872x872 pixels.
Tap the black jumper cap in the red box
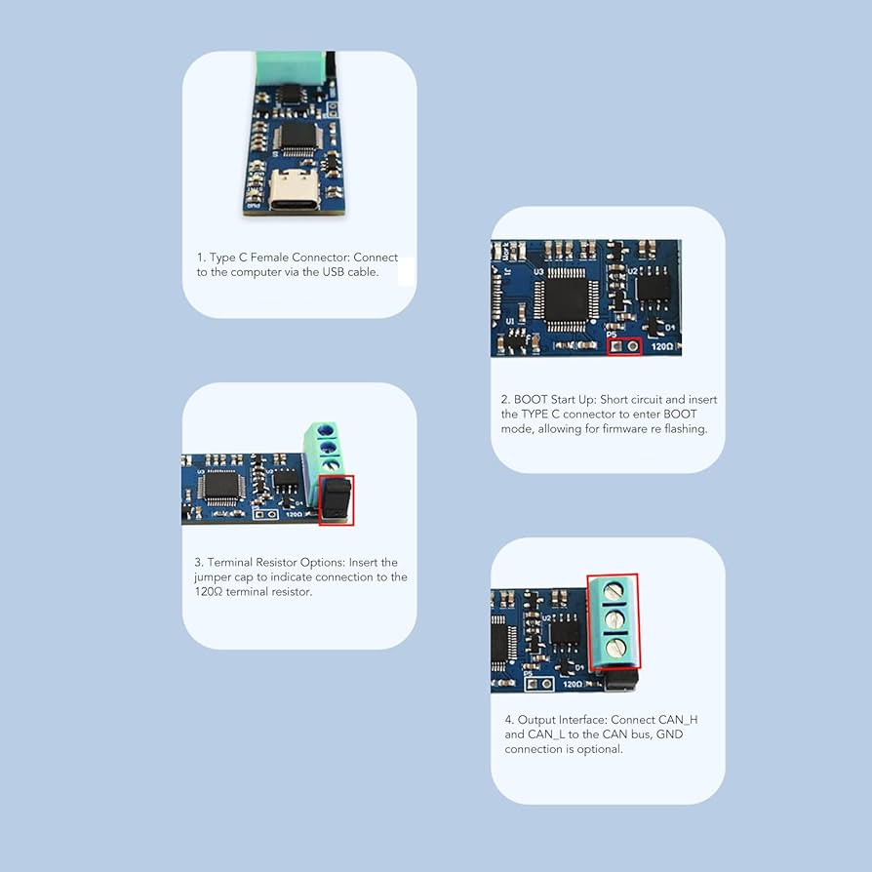click(x=337, y=498)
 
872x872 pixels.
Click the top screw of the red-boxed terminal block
click(x=614, y=590)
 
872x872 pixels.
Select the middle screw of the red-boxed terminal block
click(x=614, y=619)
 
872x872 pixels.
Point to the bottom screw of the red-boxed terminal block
click(x=614, y=647)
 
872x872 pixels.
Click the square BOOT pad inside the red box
click(x=614, y=345)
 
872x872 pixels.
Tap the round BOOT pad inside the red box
click(x=633, y=345)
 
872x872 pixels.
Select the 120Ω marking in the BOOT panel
click(x=661, y=346)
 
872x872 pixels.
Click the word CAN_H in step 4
click(x=678, y=721)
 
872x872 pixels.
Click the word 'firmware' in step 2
click(x=627, y=429)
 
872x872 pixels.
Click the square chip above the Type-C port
click(x=293, y=136)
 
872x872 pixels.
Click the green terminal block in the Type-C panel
click(x=291, y=65)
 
